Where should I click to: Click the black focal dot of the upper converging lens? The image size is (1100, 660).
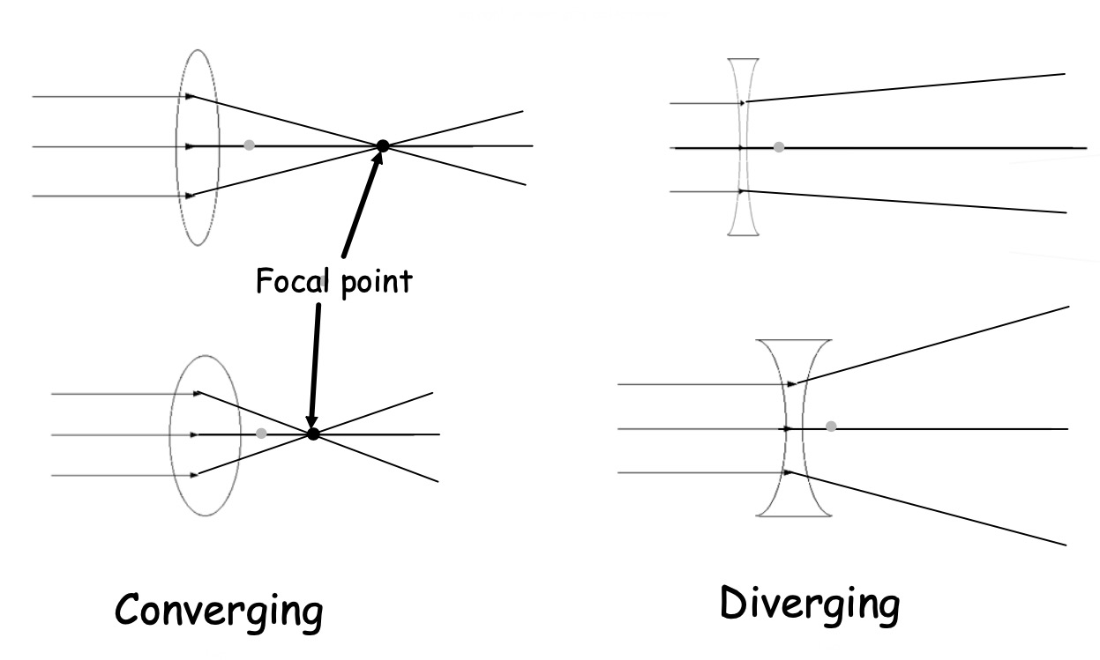(382, 146)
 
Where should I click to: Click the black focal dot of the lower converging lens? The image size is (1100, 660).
(312, 434)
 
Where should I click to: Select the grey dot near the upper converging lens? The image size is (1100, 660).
(249, 145)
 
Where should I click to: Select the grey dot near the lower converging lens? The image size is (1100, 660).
(260, 434)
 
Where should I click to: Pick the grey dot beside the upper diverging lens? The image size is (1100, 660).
(778, 147)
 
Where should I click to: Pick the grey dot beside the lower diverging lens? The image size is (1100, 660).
(831, 427)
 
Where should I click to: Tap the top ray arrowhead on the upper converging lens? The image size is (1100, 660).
(190, 96)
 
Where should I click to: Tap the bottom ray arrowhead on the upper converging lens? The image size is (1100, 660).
(190, 196)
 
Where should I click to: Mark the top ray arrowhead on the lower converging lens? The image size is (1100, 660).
(198, 393)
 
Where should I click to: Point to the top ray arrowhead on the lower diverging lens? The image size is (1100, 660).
(792, 384)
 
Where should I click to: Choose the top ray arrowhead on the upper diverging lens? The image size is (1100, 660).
(743, 103)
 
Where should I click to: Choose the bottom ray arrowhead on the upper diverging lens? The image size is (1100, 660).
(742, 190)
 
